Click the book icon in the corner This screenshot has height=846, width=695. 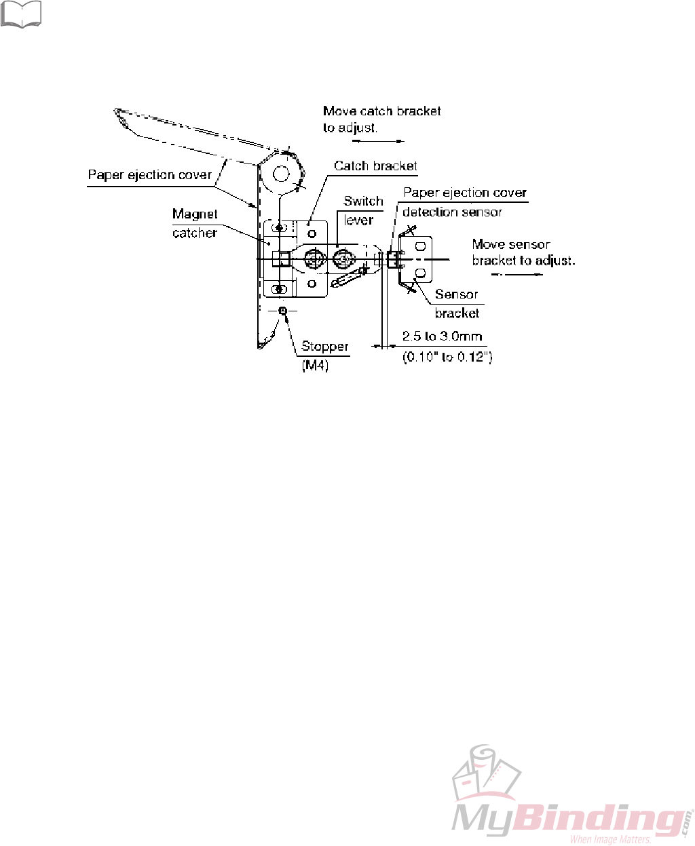pyautogui.click(x=21, y=14)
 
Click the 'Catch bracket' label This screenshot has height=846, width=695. pyautogui.click(x=375, y=166)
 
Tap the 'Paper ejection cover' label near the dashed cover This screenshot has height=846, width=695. pyautogui.click(x=150, y=175)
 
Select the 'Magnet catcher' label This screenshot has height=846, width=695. pyautogui.click(x=195, y=223)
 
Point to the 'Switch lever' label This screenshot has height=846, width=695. pyautogui.click(x=362, y=210)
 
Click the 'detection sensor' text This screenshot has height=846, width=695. pyautogui.click(x=452, y=212)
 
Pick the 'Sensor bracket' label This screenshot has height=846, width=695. pyautogui.click(x=457, y=303)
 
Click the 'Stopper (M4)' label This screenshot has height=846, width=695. pyautogui.click(x=324, y=355)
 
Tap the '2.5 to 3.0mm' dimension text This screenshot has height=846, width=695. pyautogui.click(x=442, y=337)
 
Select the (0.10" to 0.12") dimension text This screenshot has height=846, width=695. pyautogui.click(x=447, y=357)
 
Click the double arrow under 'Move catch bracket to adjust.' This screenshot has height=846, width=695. pyautogui.click(x=378, y=141)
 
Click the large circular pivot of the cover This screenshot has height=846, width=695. pyautogui.click(x=282, y=173)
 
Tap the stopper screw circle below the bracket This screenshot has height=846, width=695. pyautogui.click(x=284, y=311)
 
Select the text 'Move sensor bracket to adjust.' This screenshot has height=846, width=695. pyautogui.click(x=523, y=252)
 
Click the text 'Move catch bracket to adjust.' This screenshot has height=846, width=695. pyautogui.click(x=381, y=119)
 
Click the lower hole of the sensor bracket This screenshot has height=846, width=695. pyautogui.click(x=420, y=273)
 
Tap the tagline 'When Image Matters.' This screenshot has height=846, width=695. pyautogui.click(x=610, y=839)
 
